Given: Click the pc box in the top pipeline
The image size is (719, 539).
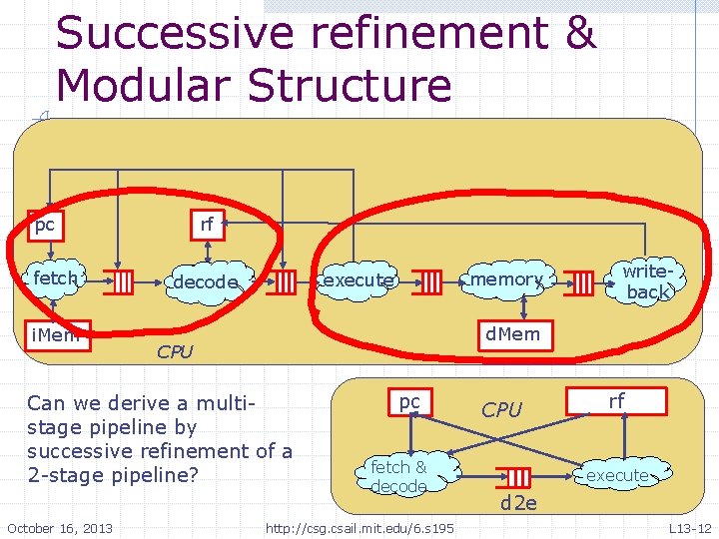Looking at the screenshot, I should pos(44,225).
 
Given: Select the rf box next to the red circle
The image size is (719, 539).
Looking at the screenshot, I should pos(208,225).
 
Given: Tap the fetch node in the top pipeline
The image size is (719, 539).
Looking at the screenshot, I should pos(55,278).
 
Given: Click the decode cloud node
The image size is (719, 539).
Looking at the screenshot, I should pos(205,282).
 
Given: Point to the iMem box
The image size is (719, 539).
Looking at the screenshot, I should pos(55,334).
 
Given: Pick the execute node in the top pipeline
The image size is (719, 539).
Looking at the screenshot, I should pos(359,280).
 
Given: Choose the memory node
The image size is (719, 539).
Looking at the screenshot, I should pos(506,279).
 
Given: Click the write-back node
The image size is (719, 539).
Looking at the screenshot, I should pos(645,281).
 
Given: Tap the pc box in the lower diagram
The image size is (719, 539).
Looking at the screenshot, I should pos(409,401).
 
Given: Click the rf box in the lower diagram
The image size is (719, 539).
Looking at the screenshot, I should pos(616,400).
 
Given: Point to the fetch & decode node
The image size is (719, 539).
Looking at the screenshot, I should pos(398,476).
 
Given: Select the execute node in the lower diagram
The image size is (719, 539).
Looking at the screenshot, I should pos(616,475).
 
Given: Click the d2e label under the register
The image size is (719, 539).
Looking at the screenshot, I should pos(518,503).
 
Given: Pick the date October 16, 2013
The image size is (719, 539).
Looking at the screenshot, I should pos(60,527).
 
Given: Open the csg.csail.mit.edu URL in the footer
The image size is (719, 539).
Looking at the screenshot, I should pos(359,527).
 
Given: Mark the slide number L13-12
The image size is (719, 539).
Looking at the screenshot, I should pos(689,527).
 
